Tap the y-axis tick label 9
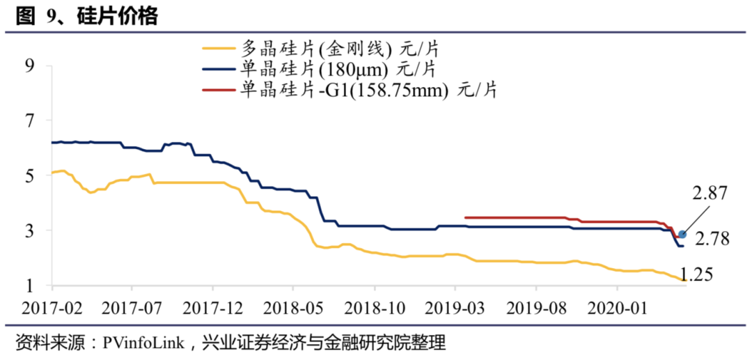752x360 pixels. pos(29,66)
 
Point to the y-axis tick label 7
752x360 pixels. pos(29,121)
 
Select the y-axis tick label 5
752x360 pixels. pos(29,176)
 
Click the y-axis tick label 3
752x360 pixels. pos(29,231)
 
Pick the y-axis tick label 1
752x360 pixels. pos(29,285)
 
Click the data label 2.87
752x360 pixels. pos(709,194)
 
